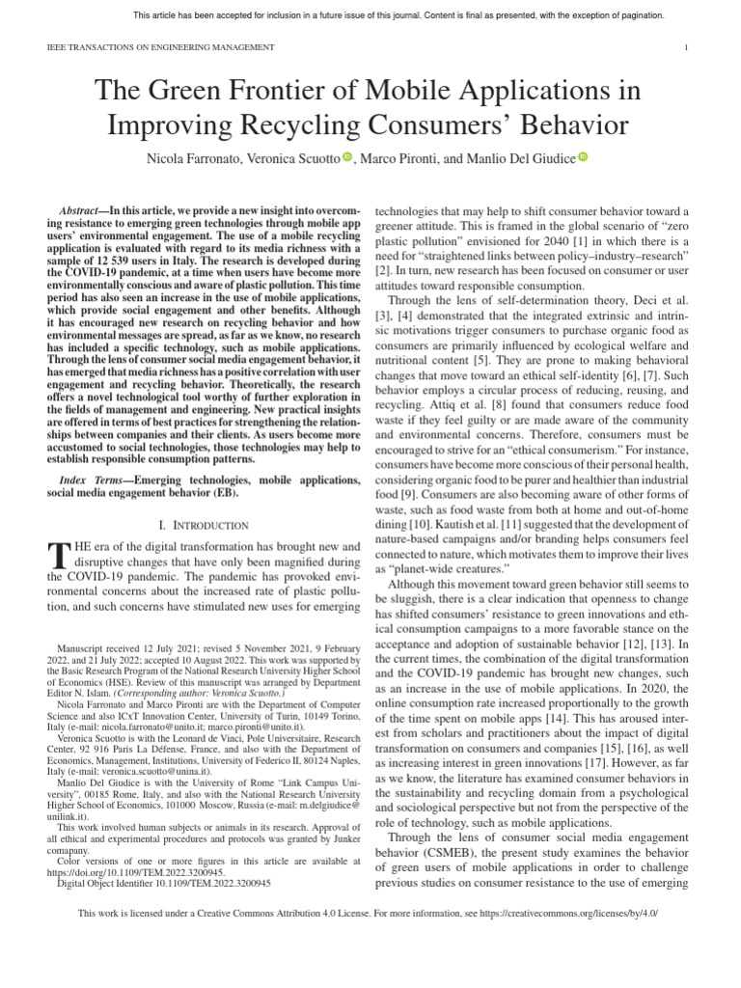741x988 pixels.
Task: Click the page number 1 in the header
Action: (685, 47)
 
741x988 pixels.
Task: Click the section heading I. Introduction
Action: (202, 524)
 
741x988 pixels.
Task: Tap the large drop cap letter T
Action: (59, 556)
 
